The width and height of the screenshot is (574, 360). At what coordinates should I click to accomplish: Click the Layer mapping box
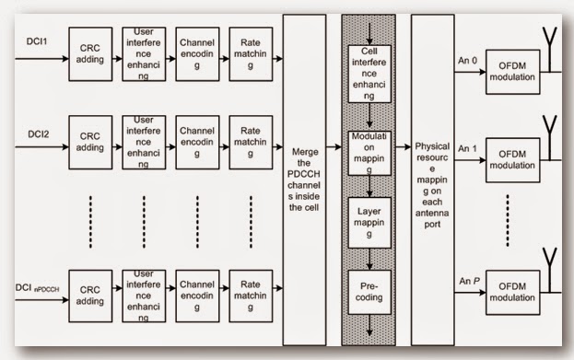(x=368, y=222)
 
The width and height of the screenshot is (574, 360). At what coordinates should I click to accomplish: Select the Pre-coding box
(x=368, y=291)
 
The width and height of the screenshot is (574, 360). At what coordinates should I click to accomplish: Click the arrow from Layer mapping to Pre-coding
(x=368, y=257)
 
